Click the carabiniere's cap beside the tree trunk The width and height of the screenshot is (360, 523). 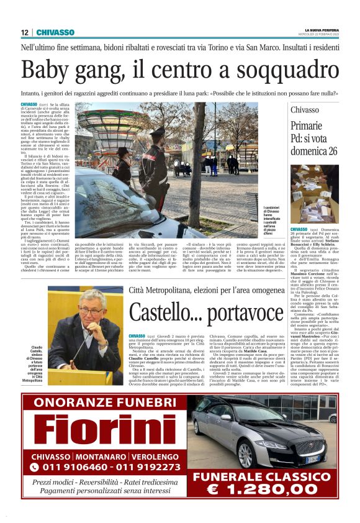coord(152,132)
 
